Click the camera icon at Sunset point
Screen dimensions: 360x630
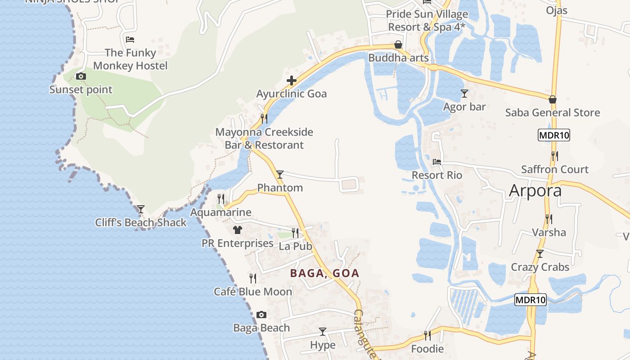tap(81, 76)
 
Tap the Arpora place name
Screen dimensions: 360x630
tap(535, 191)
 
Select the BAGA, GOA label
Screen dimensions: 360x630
tap(324, 273)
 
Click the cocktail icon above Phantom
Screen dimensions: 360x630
tap(280, 174)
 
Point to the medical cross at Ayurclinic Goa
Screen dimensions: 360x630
tap(292, 81)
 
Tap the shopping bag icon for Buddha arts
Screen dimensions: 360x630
tap(398, 45)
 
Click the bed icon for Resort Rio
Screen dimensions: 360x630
tap(436, 162)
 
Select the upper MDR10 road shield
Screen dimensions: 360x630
tap(553, 135)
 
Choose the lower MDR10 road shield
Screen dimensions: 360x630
tap(531, 300)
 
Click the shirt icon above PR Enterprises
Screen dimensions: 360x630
tap(238, 230)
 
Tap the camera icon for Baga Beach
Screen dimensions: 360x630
tap(261, 315)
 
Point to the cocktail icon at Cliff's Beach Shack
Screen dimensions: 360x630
tap(141, 209)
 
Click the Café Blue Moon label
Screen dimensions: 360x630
tap(253, 292)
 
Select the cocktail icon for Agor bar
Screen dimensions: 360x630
tap(464, 94)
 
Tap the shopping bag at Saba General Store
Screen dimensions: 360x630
tap(553, 99)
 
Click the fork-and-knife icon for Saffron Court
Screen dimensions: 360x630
tap(555, 156)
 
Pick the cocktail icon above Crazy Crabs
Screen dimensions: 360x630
tap(540, 254)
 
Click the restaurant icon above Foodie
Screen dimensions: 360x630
tap(427, 335)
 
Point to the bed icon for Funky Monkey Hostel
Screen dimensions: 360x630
tap(130, 40)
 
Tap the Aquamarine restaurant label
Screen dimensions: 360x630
tap(220, 212)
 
